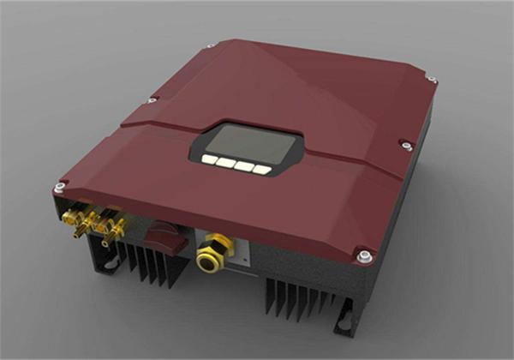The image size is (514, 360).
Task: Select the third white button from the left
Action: (243, 165)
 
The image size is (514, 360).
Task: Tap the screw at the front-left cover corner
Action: (57, 188)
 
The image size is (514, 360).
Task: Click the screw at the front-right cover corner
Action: (365, 255)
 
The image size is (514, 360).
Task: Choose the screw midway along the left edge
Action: (151, 101)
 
